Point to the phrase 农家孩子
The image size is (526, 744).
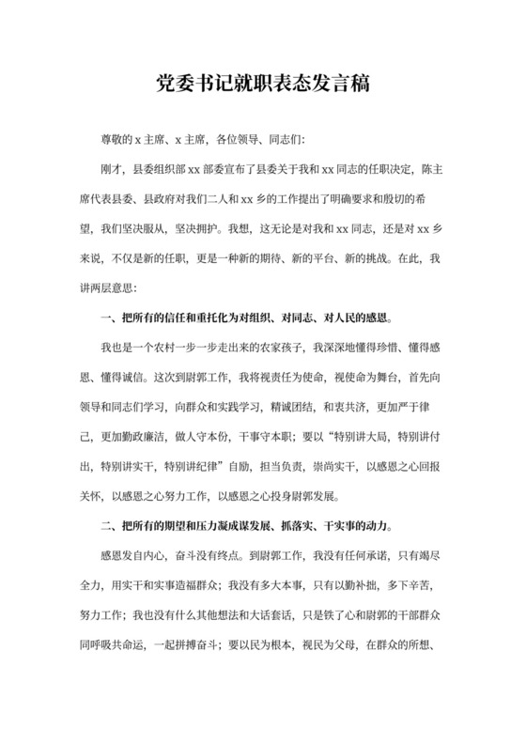267,349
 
